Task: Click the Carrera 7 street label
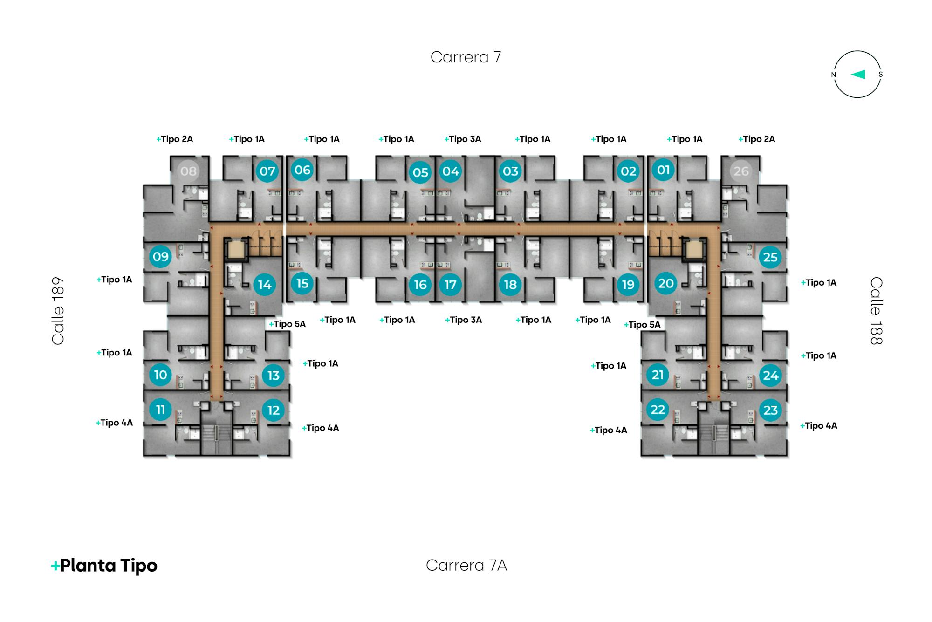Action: click(466, 57)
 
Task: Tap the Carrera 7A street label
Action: click(466, 565)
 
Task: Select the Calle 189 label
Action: click(58, 311)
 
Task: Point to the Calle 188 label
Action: click(876, 311)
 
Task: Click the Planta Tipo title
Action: click(104, 566)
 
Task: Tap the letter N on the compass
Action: click(834, 75)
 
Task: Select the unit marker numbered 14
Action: click(265, 285)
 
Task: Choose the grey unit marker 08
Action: click(188, 171)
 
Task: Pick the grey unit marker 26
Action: click(741, 171)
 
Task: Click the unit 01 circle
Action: click(663, 170)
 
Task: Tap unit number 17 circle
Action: click(450, 285)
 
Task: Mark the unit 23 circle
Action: click(770, 410)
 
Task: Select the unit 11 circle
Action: click(160, 410)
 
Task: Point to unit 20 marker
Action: click(666, 283)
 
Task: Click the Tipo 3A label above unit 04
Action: click(463, 139)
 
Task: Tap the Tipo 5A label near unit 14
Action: click(288, 324)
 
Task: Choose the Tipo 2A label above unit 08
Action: click(174, 139)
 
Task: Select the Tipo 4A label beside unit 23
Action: click(819, 425)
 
